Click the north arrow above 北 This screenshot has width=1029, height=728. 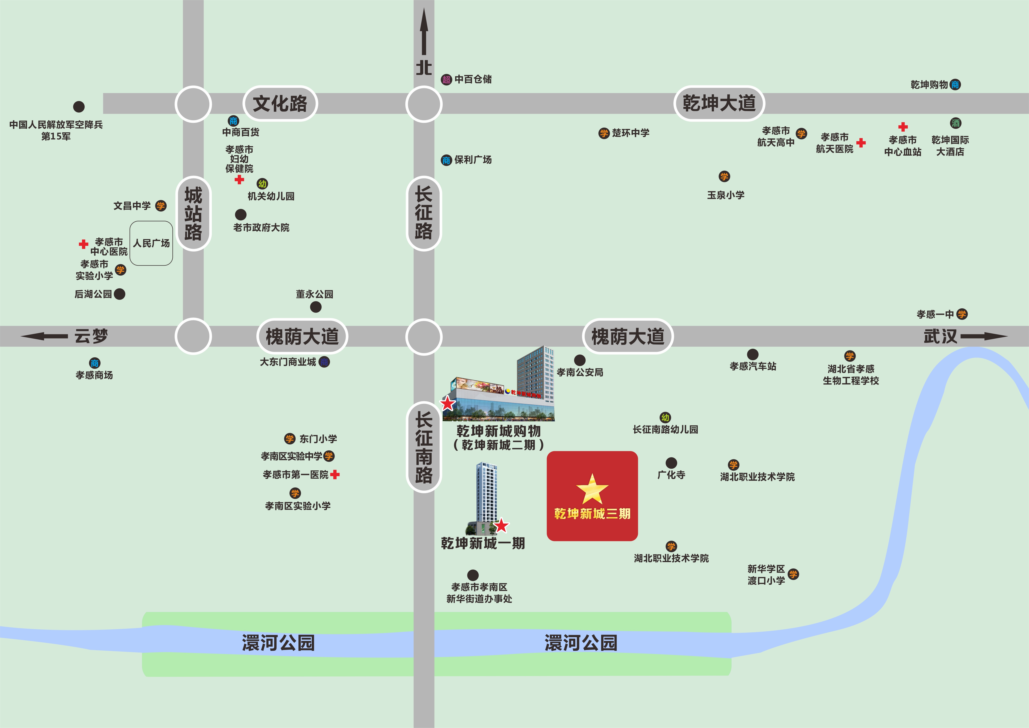tap(423, 34)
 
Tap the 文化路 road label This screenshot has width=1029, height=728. tap(280, 104)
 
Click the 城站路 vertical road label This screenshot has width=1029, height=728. tap(193, 213)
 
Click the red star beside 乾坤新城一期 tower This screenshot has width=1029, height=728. tap(501, 525)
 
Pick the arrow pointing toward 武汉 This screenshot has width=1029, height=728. tap(984, 336)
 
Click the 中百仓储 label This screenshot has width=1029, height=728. tap(473, 79)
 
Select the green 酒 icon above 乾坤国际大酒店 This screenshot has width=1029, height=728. tap(955, 123)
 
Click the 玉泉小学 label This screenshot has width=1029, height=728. tap(726, 195)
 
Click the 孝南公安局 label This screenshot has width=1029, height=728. tap(580, 372)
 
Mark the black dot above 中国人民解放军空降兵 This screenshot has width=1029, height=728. tap(79, 107)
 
